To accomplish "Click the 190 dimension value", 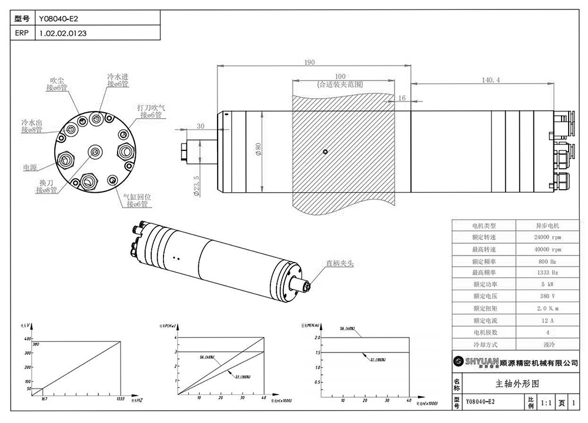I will (310, 63).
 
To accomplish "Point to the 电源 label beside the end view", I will (29, 167).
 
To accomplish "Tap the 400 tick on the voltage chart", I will (26, 339).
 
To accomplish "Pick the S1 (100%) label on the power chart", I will (241, 376).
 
